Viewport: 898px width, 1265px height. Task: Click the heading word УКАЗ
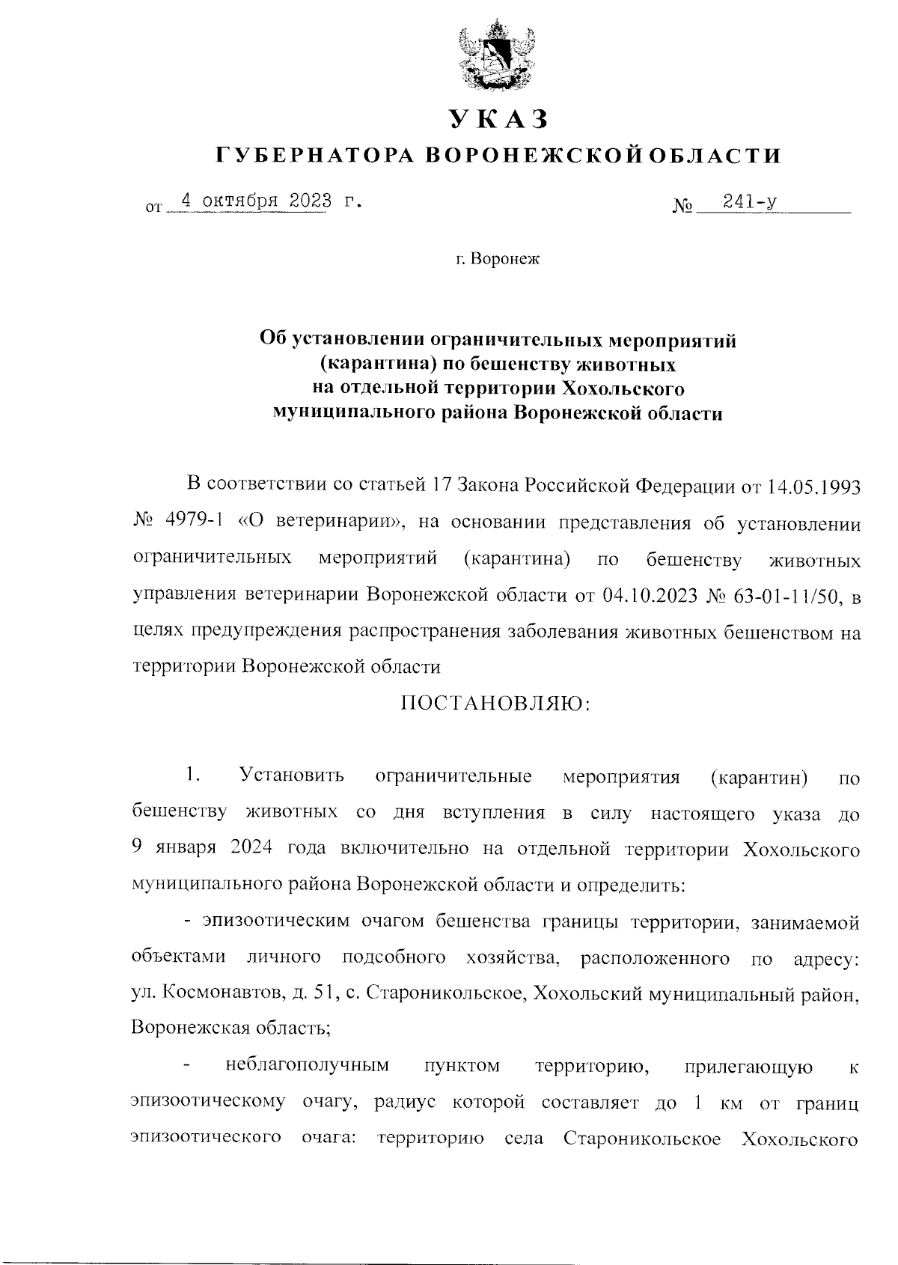coord(498,119)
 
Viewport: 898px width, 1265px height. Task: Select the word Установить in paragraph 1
coord(292,776)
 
